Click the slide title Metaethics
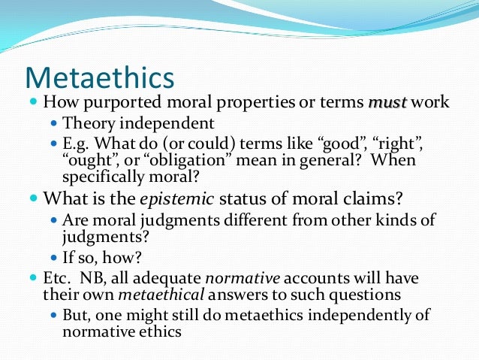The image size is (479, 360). pyautogui.click(x=99, y=78)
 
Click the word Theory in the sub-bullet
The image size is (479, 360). pyautogui.click(x=86, y=123)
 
